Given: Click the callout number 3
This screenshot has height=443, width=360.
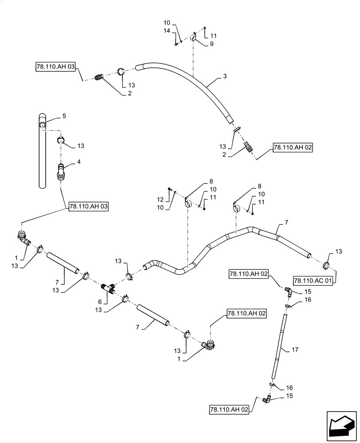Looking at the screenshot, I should tap(225, 77).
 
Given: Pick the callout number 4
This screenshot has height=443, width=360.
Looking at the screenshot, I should tap(79, 163).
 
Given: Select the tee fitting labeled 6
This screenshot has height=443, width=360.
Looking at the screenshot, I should tap(108, 288).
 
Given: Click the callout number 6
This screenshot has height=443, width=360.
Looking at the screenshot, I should tap(100, 302).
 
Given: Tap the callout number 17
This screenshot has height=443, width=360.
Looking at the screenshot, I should tap(295, 350).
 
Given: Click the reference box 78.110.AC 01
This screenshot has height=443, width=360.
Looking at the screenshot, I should tap(312, 280).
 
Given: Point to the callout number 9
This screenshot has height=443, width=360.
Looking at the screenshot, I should tap(211, 44).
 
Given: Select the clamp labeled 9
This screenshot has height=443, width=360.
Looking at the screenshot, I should tap(194, 39).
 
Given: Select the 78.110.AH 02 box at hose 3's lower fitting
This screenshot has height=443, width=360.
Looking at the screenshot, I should tap(293, 148).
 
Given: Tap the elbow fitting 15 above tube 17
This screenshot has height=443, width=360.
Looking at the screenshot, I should tap(287, 291).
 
